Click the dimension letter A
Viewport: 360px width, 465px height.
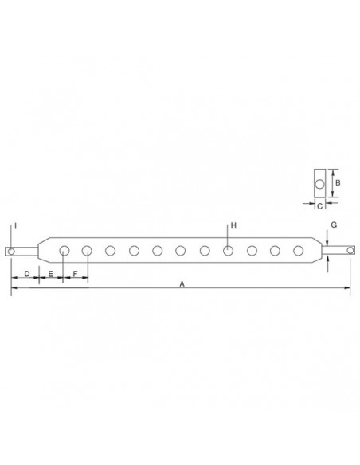(x=182, y=283)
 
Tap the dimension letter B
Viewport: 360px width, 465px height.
(x=337, y=182)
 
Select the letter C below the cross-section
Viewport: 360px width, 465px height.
(x=319, y=206)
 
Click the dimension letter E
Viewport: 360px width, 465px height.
(x=50, y=274)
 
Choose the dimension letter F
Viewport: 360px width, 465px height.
(x=75, y=274)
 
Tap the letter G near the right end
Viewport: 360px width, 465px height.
(x=334, y=225)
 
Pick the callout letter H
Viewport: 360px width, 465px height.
(x=233, y=226)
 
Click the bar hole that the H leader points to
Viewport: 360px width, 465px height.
(x=228, y=251)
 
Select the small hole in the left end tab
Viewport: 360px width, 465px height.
(x=11, y=251)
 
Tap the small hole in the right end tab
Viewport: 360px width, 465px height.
(x=348, y=251)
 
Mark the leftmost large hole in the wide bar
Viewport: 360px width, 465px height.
(x=64, y=251)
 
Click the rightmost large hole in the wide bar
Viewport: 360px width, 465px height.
(x=298, y=251)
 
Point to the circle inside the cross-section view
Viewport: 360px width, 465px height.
(x=319, y=185)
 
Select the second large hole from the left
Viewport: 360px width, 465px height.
(x=87, y=251)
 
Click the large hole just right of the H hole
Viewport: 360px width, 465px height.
(x=251, y=251)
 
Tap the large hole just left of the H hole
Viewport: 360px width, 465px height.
(x=205, y=251)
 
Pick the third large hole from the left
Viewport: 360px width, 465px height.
(x=111, y=251)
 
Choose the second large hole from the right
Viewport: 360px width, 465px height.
(x=275, y=251)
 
